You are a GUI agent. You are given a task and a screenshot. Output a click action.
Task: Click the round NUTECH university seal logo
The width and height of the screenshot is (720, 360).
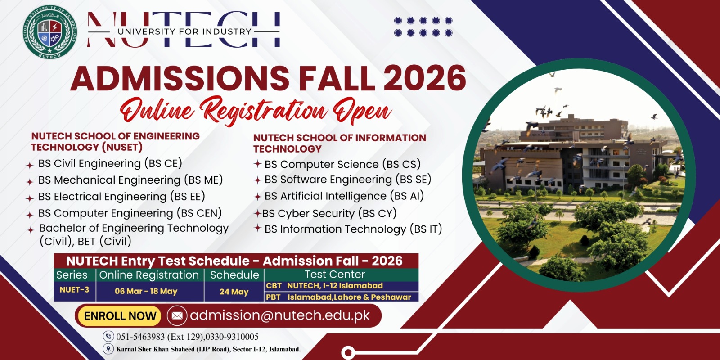tap(50, 31)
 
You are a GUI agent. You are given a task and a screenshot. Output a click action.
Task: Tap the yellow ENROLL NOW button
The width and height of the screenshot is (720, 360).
tap(120, 316)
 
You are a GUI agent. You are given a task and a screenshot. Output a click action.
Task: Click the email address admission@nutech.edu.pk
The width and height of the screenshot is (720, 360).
tap(280, 315)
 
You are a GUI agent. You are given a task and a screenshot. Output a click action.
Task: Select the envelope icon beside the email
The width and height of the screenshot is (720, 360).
tap(177, 315)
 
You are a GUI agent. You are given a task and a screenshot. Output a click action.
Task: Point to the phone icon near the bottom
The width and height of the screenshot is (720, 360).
tap(108, 336)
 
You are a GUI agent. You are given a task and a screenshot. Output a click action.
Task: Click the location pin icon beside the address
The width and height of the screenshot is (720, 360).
tap(108, 349)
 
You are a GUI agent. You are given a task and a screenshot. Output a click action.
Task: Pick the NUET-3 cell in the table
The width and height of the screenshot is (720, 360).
tap(75, 290)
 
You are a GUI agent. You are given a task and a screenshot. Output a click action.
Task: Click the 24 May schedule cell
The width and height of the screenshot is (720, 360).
tap(234, 292)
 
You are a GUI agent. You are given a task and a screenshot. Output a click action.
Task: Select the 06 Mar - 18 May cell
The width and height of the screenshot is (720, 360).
tap(146, 291)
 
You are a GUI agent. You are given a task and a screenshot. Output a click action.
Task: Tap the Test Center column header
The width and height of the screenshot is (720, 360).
tap(335, 274)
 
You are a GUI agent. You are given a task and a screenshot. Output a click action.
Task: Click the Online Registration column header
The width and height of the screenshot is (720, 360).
tap(149, 275)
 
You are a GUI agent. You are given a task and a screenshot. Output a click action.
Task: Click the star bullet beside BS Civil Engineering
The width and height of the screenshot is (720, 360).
tap(30, 165)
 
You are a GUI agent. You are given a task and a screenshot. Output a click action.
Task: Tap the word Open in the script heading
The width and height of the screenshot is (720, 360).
tap(362, 111)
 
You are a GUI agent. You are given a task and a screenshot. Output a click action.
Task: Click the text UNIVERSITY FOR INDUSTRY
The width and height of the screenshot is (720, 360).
tap(184, 31)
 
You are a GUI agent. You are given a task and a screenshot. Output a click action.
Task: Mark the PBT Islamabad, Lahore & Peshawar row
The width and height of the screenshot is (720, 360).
tap(342, 297)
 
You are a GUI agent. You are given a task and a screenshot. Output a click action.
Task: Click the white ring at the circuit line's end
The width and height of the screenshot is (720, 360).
tap(348, 353)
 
